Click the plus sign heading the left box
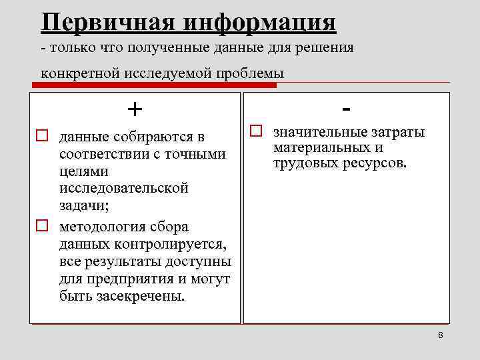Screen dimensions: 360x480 [135, 108]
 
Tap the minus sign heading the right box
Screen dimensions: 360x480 [347, 107]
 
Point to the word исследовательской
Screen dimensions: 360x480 [124, 188]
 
